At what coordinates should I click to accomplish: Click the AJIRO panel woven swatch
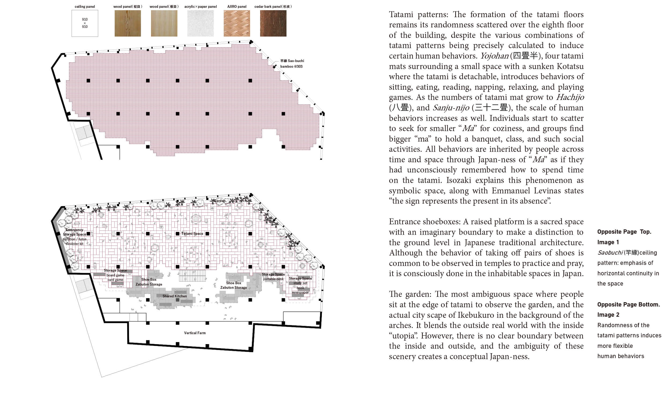(x=237, y=23)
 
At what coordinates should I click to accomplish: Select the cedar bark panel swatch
(x=273, y=23)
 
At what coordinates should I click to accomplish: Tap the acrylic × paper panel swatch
(x=200, y=23)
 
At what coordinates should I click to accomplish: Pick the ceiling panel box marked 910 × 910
(x=85, y=23)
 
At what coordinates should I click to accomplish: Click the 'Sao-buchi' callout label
(x=292, y=61)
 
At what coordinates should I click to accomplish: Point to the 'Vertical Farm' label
(x=195, y=333)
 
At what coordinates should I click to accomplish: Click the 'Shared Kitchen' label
(x=175, y=296)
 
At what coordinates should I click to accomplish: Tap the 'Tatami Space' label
(x=192, y=233)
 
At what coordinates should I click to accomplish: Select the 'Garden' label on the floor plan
(x=219, y=201)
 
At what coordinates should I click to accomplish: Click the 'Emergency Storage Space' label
(x=75, y=232)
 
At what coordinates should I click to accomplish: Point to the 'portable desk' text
(x=273, y=279)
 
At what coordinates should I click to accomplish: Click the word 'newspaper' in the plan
(x=300, y=293)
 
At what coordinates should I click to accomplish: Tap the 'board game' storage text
(x=115, y=275)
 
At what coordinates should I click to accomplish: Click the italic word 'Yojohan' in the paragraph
(x=494, y=56)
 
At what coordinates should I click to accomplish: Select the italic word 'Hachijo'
(x=570, y=97)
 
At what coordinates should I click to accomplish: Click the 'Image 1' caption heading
(x=608, y=242)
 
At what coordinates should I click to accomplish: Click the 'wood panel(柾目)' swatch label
(x=128, y=6)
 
